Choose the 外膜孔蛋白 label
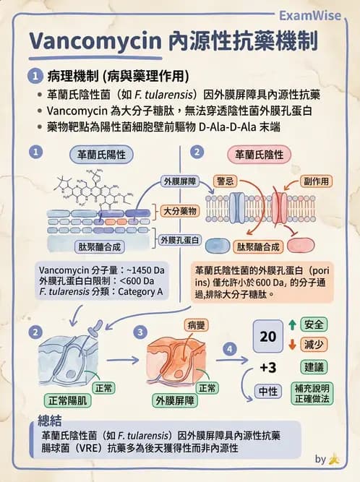(x=179, y=239)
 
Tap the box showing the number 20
(x=268, y=337)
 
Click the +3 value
(x=268, y=368)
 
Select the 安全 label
(x=314, y=324)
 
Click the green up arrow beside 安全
(x=293, y=324)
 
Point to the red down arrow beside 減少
(x=293, y=344)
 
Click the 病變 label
(x=196, y=325)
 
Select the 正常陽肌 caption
(x=67, y=400)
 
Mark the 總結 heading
(x=52, y=420)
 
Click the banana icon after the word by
(x=334, y=458)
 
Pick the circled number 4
(x=230, y=349)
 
